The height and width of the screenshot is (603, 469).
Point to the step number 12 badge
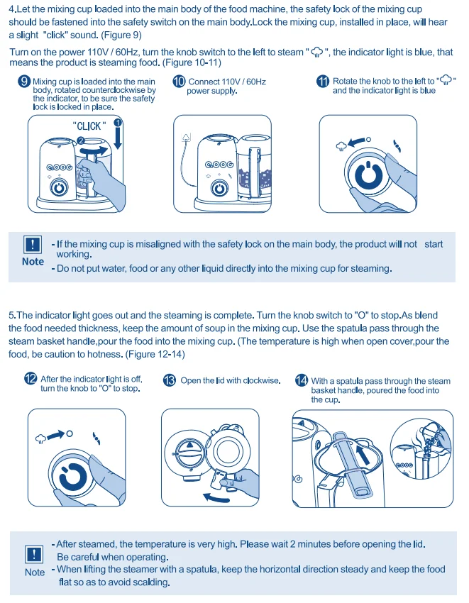[x=31, y=380]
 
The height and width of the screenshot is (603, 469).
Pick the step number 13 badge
[x=170, y=381]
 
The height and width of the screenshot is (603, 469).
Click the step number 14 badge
[x=302, y=381]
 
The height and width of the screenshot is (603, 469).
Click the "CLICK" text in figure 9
[x=89, y=126]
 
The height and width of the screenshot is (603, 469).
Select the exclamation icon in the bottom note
[x=33, y=554]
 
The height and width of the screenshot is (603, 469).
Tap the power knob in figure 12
[x=73, y=475]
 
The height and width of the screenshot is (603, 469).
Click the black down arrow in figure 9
[x=118, y=135]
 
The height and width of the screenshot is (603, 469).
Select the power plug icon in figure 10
[x=187, y=135]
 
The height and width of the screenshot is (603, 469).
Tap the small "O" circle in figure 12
[x=70, y=433]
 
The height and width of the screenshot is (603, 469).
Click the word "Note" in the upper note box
[x=33, y=262]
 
